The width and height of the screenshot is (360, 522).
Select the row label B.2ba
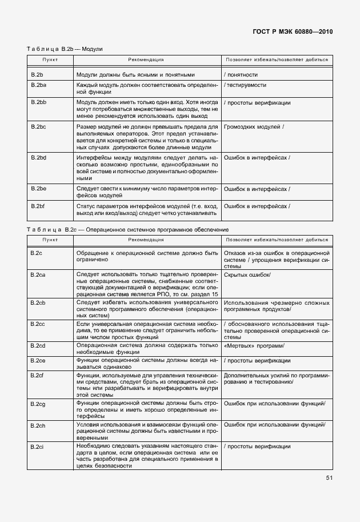point(39,85)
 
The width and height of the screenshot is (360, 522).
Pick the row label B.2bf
point(38,206)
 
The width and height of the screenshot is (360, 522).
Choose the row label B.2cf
point(38,375)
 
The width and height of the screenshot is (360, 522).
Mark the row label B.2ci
point(38,446)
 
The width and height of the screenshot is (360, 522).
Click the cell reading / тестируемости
point(246,85)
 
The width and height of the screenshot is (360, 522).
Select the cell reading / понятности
point(241,74)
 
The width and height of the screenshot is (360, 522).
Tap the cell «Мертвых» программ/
point(254,346)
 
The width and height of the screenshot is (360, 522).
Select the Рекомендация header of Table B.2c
point(146,240)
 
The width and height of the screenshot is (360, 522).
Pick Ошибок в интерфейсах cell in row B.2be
point(257,188)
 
